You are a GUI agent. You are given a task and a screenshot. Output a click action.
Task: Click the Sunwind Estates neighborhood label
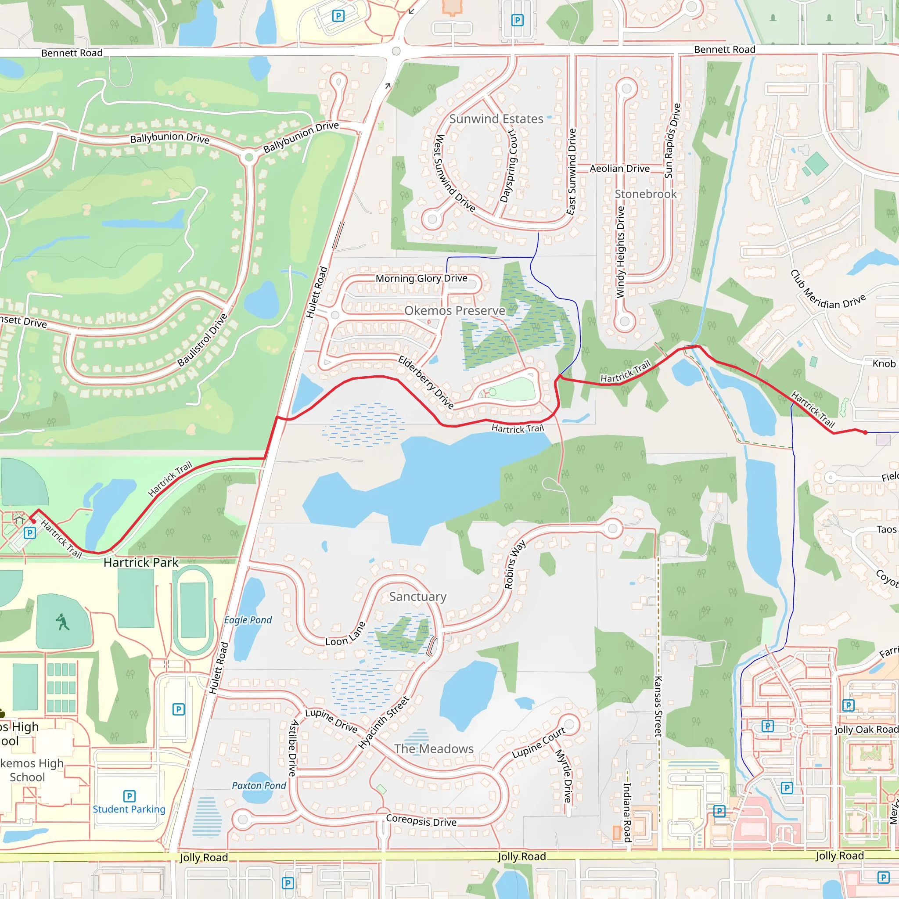tap(496, 119)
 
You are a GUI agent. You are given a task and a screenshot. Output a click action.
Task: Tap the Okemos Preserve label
tap(455, 310)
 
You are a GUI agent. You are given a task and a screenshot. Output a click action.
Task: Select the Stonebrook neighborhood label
tap(645, 194)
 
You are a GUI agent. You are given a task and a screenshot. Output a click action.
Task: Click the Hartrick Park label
tap(140, 563)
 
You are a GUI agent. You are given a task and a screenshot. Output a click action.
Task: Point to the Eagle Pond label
tap(248, 620)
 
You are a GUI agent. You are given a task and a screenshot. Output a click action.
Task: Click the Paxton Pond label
tap(259, 785)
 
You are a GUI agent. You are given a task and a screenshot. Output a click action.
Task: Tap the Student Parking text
tap(129, 809)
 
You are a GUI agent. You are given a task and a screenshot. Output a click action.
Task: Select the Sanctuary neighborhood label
tap(417, 597)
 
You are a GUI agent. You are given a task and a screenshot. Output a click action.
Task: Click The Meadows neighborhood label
tap(434, 749)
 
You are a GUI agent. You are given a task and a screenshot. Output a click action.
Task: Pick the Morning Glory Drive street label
tap(421, 278)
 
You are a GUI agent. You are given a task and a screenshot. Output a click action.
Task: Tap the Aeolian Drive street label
tap(619, 169)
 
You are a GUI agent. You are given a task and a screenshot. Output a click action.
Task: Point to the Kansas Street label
tap(658, 706)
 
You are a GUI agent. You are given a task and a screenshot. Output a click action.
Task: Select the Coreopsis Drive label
tap(421, 821)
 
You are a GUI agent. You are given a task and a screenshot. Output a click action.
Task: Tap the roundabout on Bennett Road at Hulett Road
tap(396, 51)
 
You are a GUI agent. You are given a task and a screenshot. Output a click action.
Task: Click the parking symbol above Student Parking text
tap(129, 796)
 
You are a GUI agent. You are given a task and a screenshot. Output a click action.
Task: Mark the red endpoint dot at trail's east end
tap(865, 432)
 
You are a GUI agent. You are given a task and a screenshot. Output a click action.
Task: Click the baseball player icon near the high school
tap(62, 622)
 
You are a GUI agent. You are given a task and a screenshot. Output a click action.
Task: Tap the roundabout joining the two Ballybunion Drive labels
tap(249, 157)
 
